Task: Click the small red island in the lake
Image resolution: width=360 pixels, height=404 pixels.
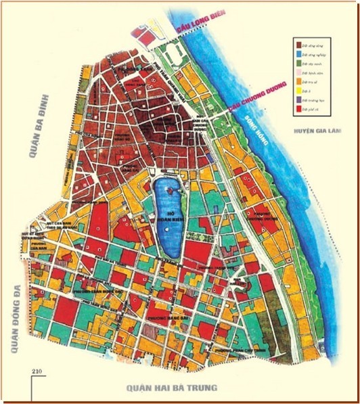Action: (169, 192)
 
